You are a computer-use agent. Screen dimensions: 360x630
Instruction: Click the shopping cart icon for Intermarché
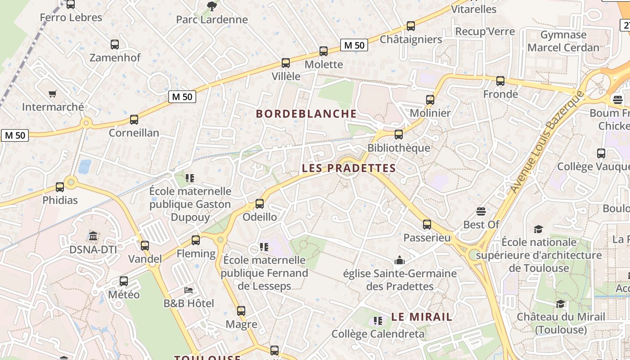click(53, 94)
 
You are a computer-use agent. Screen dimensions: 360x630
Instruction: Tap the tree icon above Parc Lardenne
click(211, 6)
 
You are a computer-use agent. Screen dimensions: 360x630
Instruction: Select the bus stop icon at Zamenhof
click(115, 45)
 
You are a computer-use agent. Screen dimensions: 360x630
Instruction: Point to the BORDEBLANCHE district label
click(306, 114)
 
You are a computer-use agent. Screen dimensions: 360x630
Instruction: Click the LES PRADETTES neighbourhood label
click(349, 168)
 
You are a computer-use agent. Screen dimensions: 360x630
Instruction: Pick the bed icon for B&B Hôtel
click(189, 290)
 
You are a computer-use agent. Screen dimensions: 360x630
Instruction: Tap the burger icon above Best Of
click(481, 211)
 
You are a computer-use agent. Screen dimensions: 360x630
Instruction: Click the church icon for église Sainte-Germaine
click(399, 261)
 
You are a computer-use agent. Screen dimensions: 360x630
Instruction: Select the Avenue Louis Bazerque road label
click(546, 142)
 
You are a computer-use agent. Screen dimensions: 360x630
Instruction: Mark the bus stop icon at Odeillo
click(260, 204)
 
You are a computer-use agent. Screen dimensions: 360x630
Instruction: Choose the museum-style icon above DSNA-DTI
click(93, 236)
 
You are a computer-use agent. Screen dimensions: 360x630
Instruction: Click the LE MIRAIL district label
click(422, 317)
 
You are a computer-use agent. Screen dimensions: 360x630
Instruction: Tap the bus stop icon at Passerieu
click(427, 224)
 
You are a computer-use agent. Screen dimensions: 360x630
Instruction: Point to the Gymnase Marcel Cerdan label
click(563, 41)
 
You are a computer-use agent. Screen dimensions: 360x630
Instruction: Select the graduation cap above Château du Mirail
click(560, 304)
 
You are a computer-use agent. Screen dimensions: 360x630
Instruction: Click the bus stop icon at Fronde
click(500, 81)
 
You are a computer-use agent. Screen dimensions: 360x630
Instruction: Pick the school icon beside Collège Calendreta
click(378, 321)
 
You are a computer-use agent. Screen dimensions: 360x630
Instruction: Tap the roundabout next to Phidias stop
click(71, 182)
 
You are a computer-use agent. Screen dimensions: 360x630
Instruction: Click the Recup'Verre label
click(485, 31)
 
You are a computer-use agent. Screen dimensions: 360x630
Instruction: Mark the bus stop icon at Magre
click(241, 311)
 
